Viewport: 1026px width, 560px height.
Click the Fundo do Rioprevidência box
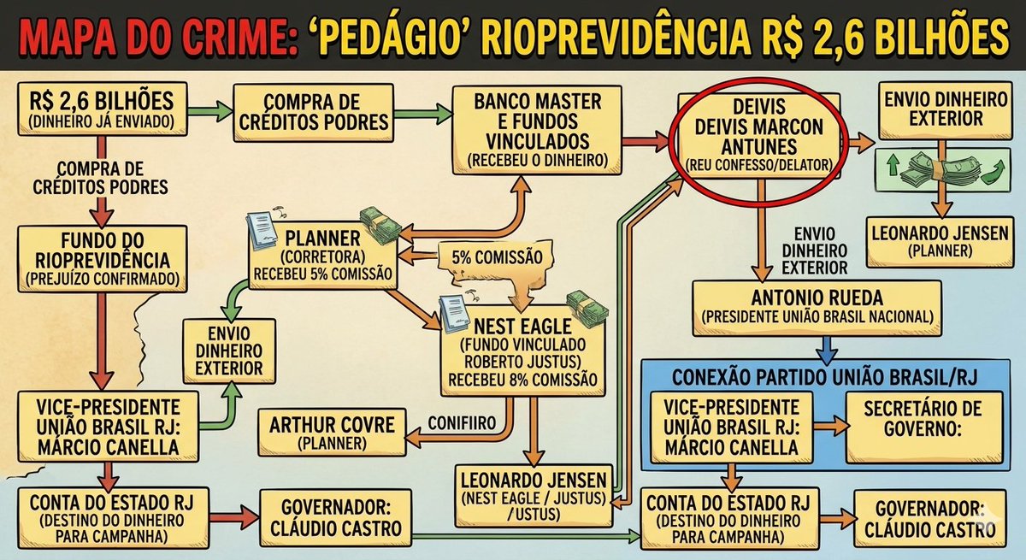click(102, 256)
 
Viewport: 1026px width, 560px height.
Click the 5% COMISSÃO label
click(484, 256)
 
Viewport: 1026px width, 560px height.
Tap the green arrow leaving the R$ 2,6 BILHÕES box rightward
click(209, 109)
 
